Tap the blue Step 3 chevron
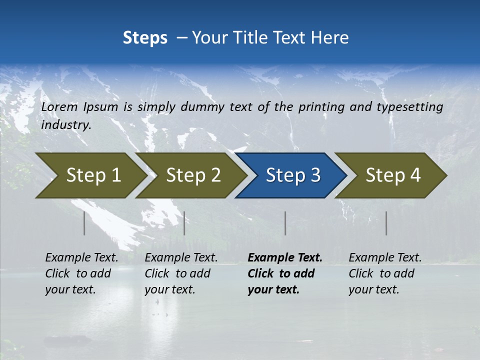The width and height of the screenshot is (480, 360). coord(293,175)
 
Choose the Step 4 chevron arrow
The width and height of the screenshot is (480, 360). coord(393,175)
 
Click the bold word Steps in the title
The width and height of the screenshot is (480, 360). coord(145,38)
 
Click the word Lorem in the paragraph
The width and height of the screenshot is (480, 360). coord(59,107)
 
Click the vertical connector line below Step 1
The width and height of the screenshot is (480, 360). coord(84,223)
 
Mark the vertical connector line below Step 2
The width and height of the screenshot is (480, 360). coord(184,223)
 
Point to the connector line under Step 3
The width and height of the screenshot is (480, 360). coord(285,223)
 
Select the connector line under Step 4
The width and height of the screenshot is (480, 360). coord(386,223)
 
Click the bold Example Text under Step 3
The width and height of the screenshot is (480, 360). coord(285,258)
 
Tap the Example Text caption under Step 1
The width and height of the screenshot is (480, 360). coord(81,258)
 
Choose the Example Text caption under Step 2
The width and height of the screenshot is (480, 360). coord(181,258)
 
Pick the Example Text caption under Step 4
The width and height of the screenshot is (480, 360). coord(385,258)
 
